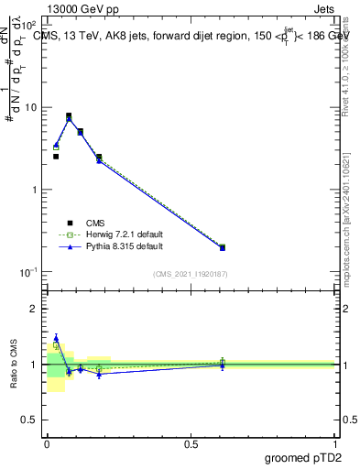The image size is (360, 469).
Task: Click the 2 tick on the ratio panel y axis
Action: (x=35, y=309)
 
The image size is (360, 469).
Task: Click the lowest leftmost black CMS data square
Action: (x=56, y=157)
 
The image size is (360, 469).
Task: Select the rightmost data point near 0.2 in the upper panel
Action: (x=222, y=247)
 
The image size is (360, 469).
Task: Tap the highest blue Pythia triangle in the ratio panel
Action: (x=56, y=338)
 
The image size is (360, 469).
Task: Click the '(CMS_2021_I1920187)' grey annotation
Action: (x=191, y=274)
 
